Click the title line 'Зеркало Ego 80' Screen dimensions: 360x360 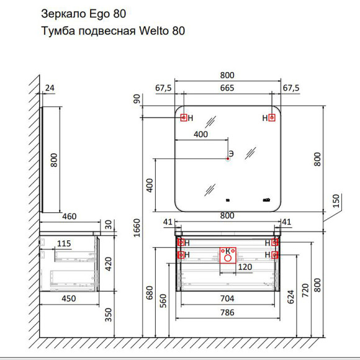pyautogui.click(x=83, y=14)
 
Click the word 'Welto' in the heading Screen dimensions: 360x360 pyautogui.click(x=153, y=30)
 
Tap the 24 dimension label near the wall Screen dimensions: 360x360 pyautogui.click(x=50, y=88)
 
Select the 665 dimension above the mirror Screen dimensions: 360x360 pyautogui.click(x=227, y=88)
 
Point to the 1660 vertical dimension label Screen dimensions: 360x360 pyautogui.click(x=137, y=228)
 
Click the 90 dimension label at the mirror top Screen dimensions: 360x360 pyautogui.click(x=137, y=99)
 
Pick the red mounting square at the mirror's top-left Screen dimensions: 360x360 pyautogui.click(x=184, y=118)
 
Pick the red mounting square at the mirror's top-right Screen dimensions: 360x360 pyautogui.click(x=272, y=118)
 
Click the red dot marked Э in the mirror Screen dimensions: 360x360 pyautogui.click(x=228, y=159)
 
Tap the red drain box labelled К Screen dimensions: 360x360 pyautogui.click(x=228, y=255)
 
